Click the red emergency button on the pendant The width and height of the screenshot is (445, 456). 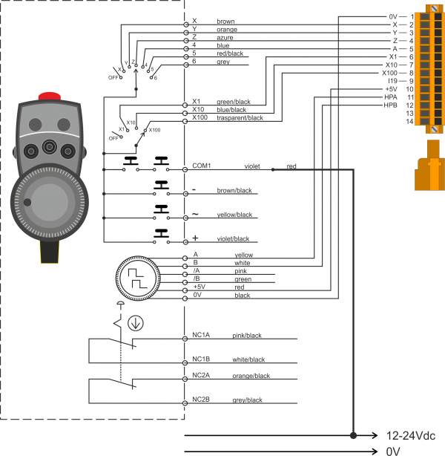click(49, 96)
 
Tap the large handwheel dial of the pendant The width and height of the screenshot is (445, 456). click(49, 203)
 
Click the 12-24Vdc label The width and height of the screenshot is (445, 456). click(409, 435)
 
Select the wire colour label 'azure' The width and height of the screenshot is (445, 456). click(225, 38)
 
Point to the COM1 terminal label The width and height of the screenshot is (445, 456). click(202, 166)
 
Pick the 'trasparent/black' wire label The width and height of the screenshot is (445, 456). click(240, 117)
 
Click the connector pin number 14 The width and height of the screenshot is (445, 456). click(409, 122)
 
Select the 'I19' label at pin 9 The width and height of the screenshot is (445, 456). click(393, 81)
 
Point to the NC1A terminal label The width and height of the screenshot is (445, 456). click(201, 335)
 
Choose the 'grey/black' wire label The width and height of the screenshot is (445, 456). click(247, 400)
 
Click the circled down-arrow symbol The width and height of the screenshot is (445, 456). click(136, 323)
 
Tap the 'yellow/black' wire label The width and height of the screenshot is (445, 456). click(234, 215)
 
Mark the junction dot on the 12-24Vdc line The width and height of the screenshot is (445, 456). click(353, 435)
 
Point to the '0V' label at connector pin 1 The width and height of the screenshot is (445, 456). click(393, 16)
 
